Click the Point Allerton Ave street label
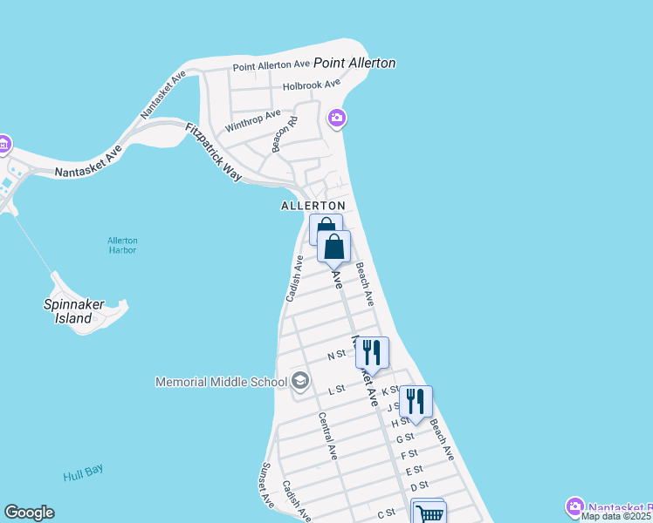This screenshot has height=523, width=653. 272,65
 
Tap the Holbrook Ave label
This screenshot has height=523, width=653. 312,85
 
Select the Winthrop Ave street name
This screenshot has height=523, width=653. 253,120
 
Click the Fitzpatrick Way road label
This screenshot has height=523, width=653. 213,152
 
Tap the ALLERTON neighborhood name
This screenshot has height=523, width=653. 313,206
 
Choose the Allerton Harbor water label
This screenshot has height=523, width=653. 122,245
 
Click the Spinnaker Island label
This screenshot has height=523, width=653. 74,311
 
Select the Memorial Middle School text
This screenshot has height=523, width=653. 221,381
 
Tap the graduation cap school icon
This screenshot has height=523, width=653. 300,380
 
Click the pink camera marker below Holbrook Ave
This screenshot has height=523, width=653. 337,118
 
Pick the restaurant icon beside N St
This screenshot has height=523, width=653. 372,352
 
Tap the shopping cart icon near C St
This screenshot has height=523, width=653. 429,513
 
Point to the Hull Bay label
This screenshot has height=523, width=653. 83,472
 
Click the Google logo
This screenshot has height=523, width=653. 29,513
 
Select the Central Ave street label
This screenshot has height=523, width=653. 327,436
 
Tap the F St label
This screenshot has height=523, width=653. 409,454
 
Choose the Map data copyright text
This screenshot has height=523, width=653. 615,516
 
